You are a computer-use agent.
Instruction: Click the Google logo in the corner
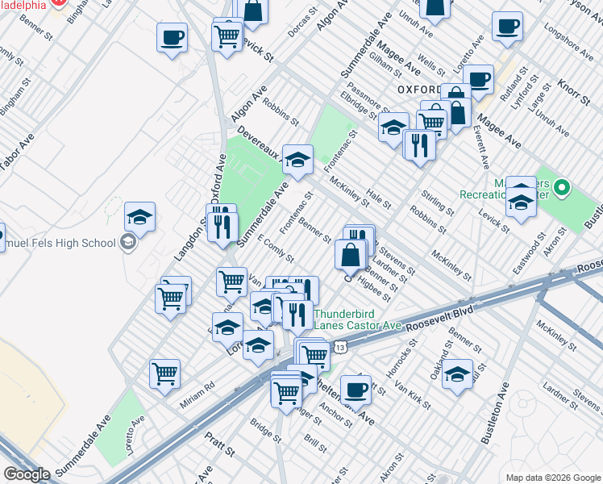tap(27, 474)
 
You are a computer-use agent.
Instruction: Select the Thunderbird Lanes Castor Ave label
tap(357, 319)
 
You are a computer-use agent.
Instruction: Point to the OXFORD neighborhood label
tap(422, 88)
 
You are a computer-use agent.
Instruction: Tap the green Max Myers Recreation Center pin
tap(562, 190)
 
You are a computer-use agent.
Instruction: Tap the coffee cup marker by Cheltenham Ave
tap(355, 390)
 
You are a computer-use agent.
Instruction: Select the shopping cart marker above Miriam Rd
tap(165, 373)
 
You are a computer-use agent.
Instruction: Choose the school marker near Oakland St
tap(457, 374)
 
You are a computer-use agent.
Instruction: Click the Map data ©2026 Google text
tap(553, 477)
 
